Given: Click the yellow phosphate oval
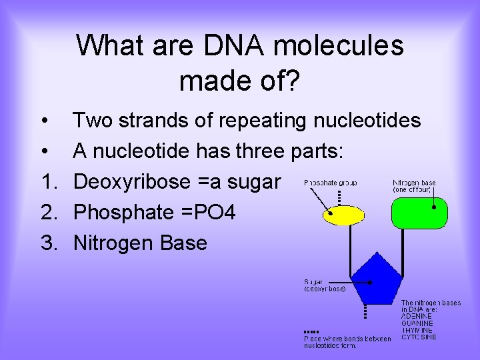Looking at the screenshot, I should pyautogui.click(x=343, y=215).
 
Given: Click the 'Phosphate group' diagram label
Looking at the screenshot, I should pyautogui.click(x=331, y=182).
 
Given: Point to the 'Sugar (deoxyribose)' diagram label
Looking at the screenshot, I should pyautogui.click(x=325, y=285).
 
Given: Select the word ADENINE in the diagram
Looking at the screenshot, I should pyautogui.click(x=417, y=316).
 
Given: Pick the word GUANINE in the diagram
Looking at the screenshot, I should pyautogui.click(x=417, y=323).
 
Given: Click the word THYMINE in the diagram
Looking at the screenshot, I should pyautogui.click(x=417, y=330).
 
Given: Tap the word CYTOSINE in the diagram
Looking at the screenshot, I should pyautogui.click(x=419, y=337).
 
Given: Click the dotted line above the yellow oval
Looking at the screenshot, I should pyautogui.click(x=340, y=198).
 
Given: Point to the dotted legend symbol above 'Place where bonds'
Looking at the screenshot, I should pyautogui.click(x=311, y=331).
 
